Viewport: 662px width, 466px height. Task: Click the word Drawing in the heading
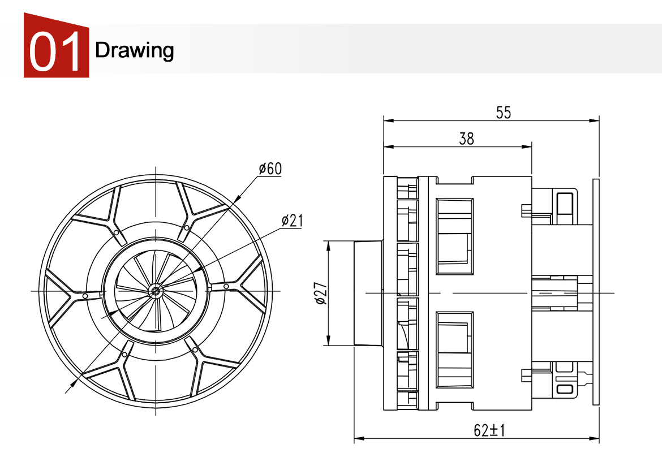click(x=134, y=50)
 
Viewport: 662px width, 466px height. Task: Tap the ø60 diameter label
click(x=270, y=169)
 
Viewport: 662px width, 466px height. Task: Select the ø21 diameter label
click(x=291, y=221)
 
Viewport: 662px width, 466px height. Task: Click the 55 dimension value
click(x=503, y=113)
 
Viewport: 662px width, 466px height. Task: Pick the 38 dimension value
click(x=466, y=139)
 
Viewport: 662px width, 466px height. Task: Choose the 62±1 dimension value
click(x=489, y=430)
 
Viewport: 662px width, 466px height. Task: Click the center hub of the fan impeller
click(x=155, y=291)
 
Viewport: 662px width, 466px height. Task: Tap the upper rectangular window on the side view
click(x=455, y=236)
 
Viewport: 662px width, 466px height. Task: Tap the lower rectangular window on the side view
click(x=455, y=349)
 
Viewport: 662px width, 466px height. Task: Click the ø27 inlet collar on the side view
click(x=368, y=293)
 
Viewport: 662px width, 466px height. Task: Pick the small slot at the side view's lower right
click(x=564, y=389)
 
